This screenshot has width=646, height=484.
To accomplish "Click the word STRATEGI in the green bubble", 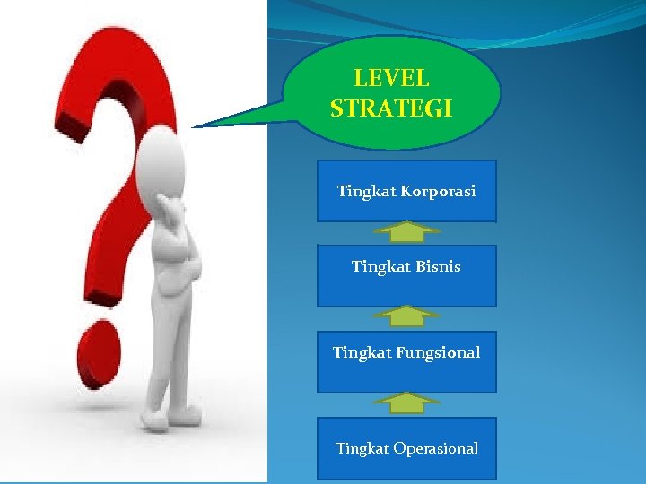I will point(391,109).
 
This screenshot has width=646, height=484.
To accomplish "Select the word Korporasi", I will point(439,192).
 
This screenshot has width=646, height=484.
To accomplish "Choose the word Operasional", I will point(436,448).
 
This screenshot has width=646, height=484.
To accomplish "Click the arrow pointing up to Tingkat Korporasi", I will point(406,233).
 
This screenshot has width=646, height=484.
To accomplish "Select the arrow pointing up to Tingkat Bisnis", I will point(406,315).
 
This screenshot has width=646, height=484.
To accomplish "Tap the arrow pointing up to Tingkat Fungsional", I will point(406,402).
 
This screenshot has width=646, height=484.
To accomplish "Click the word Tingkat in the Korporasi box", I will point(367,192).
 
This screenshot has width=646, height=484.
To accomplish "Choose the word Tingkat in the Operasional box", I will point(362,448).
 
